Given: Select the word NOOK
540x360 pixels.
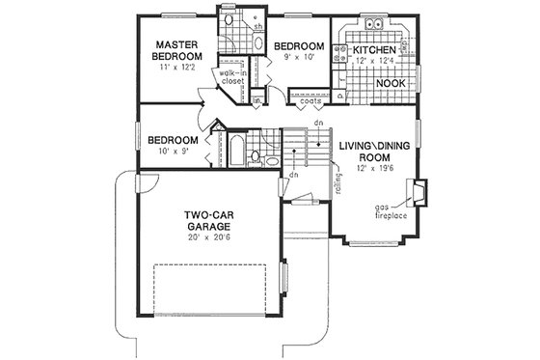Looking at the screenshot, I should tap(390, 84).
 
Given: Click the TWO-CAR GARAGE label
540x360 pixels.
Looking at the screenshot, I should tap(206, 222).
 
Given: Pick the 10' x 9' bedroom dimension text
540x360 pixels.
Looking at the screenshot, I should tap(179, 152).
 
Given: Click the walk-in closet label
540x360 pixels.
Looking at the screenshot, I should tap(232, 78).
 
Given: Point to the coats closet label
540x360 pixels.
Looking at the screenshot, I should tap(310, 99).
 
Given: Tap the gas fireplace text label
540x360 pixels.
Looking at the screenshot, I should tap(390, 210).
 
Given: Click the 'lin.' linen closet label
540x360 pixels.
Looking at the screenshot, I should tap(257, 99).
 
